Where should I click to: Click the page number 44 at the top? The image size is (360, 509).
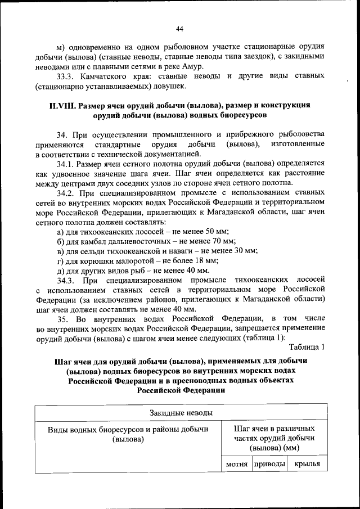tap(179, 29)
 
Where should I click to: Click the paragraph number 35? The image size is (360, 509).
tap(63, 318)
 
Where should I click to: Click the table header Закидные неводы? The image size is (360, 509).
tap(181, 413)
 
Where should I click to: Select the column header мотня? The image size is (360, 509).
tap(237, 464)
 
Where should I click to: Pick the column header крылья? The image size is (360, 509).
tap(307, 464)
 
